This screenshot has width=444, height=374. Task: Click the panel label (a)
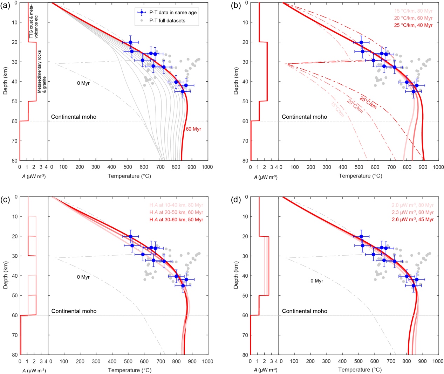tap(6, 5)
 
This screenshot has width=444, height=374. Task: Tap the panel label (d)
tap(237, 200)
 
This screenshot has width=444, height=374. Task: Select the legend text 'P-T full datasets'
tap(167, 21)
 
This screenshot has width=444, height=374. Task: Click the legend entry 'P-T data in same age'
tap(173, 13)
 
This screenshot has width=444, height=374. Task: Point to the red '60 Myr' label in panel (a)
tap(193, 129)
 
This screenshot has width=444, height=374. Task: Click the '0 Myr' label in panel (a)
tap(83, 83)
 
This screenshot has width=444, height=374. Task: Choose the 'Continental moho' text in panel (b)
tap(304, 117)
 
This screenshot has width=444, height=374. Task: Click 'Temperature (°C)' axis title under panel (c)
tap(129, 370)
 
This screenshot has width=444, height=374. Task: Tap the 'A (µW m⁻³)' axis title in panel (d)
tap(265, 370)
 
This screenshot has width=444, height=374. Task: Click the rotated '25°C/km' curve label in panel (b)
tap(368, 102)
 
